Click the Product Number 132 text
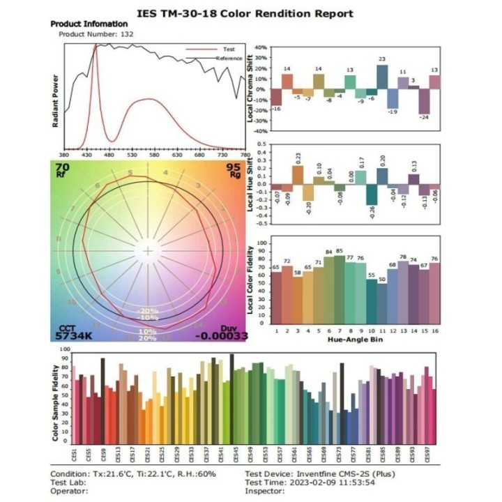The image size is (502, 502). pos(96,33)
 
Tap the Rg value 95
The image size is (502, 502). pos(233,167)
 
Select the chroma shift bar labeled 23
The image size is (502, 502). pos(382,77)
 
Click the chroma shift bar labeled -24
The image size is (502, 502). pos(423,102)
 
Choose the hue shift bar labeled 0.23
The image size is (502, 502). pos(298,175)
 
